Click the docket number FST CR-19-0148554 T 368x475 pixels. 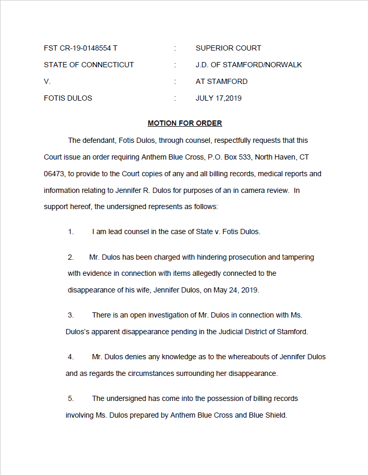[80, 48]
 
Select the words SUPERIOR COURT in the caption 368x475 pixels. [228, 48]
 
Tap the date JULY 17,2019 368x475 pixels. [218, 98]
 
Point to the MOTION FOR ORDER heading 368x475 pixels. [185, 123]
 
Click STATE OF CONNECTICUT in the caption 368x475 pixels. [89, 65]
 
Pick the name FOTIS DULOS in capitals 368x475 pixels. [68, 98]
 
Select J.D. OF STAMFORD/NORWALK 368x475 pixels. [248, 65]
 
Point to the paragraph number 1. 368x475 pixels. [70, 232]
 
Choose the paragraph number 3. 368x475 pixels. [70, 315]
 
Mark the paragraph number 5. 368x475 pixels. [70, 398]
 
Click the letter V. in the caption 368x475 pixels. [47, 81]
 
